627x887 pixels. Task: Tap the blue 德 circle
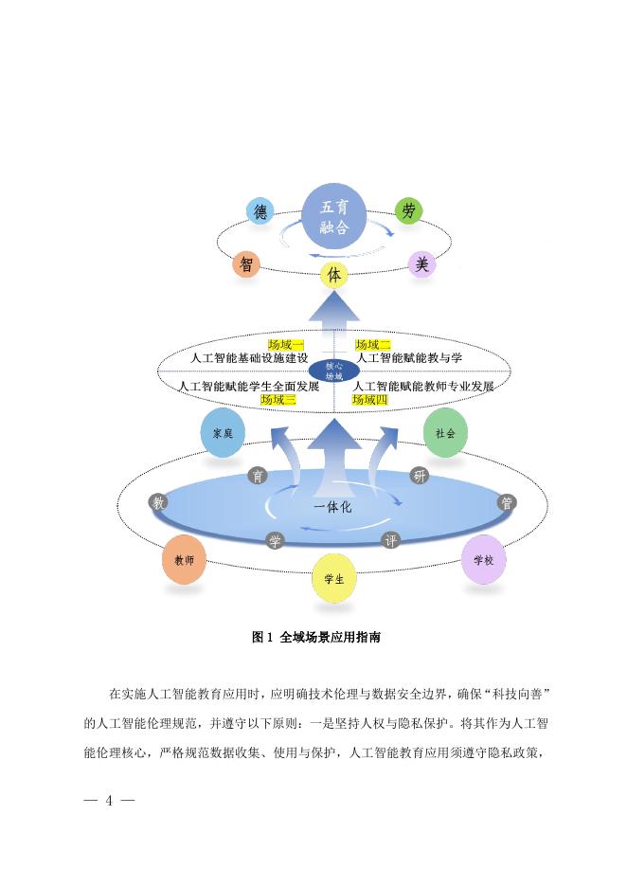(x=260, y=212)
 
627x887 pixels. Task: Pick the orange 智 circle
(x=245, y=264)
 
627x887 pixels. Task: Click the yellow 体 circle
(x=332, y=275)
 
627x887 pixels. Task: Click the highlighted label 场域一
(x=286, y=345)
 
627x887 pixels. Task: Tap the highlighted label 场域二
(x=373, y=345)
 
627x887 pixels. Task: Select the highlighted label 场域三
(x=278, y=400)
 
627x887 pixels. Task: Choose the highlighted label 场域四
(x=370, y=400)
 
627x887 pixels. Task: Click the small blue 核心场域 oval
(x=333, y=371)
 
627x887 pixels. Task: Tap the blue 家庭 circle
(x=223, y=433)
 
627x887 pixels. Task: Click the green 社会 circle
(x=445, y=432)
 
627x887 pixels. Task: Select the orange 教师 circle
(x=184, y=561)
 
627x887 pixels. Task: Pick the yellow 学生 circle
(x=334, y=578)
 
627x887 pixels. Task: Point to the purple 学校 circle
(x=483, y=560)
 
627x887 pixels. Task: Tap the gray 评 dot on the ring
(x=389, y=541)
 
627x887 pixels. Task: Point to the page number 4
(x=109, y=801)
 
